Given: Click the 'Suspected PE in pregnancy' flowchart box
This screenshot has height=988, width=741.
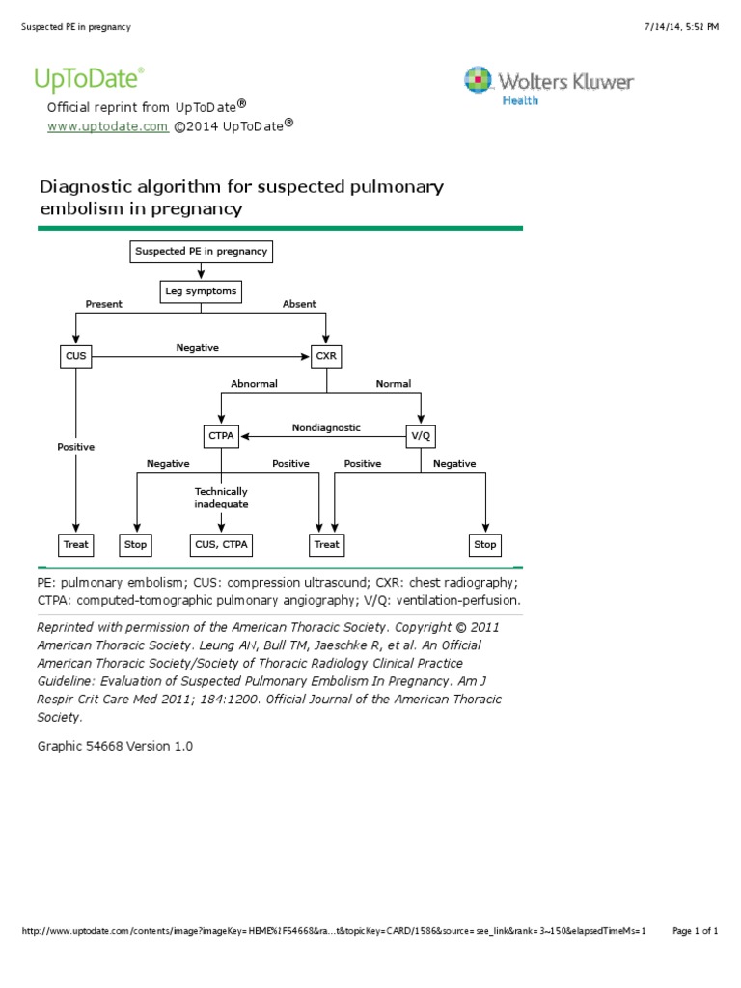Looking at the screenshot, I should [x=201, y=252].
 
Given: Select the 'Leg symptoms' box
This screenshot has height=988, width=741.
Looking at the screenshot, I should [x=200, y=290].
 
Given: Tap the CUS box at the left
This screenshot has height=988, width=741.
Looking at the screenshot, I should [x=75, y=357].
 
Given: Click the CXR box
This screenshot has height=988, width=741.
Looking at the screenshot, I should [x=326, y=357].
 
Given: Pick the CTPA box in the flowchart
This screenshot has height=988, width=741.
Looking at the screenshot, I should [x=221, y=436].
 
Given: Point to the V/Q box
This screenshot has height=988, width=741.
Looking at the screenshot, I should [x=420, y=436].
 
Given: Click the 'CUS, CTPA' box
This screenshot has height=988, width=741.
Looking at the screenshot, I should [x=221, y=544].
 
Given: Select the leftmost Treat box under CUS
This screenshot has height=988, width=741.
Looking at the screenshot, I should [x=75, y=544].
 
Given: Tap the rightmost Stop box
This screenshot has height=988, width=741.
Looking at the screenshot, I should [x=484, y=544].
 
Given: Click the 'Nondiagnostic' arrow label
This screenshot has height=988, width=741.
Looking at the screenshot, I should [x=326, y=427].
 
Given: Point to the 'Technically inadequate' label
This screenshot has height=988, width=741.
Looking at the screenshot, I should [x=221, y=498].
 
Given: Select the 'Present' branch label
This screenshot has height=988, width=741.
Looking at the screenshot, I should [x=104, y=304].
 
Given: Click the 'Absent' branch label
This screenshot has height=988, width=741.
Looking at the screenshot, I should [x=299, y=304].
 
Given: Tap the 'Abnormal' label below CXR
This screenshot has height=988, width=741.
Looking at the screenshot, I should [x=254, y=384].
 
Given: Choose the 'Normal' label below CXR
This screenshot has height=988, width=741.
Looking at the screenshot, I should [x=393, y=384].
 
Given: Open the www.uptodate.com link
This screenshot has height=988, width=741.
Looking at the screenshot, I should [x=108, y=126].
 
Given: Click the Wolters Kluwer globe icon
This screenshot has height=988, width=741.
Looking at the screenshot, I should [x=478, y=81].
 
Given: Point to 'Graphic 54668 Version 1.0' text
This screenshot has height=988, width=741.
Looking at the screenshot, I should [x=115, y=746].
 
